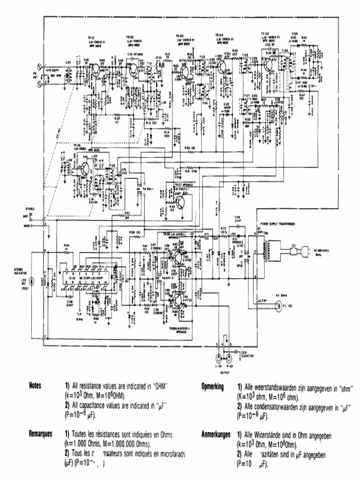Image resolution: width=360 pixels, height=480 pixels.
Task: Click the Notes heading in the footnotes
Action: click(x=36, y=385)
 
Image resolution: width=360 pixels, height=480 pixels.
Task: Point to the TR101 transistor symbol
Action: click(x=95, y=70)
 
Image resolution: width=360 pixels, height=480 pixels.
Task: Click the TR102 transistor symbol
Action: click(x=135, y=70)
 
